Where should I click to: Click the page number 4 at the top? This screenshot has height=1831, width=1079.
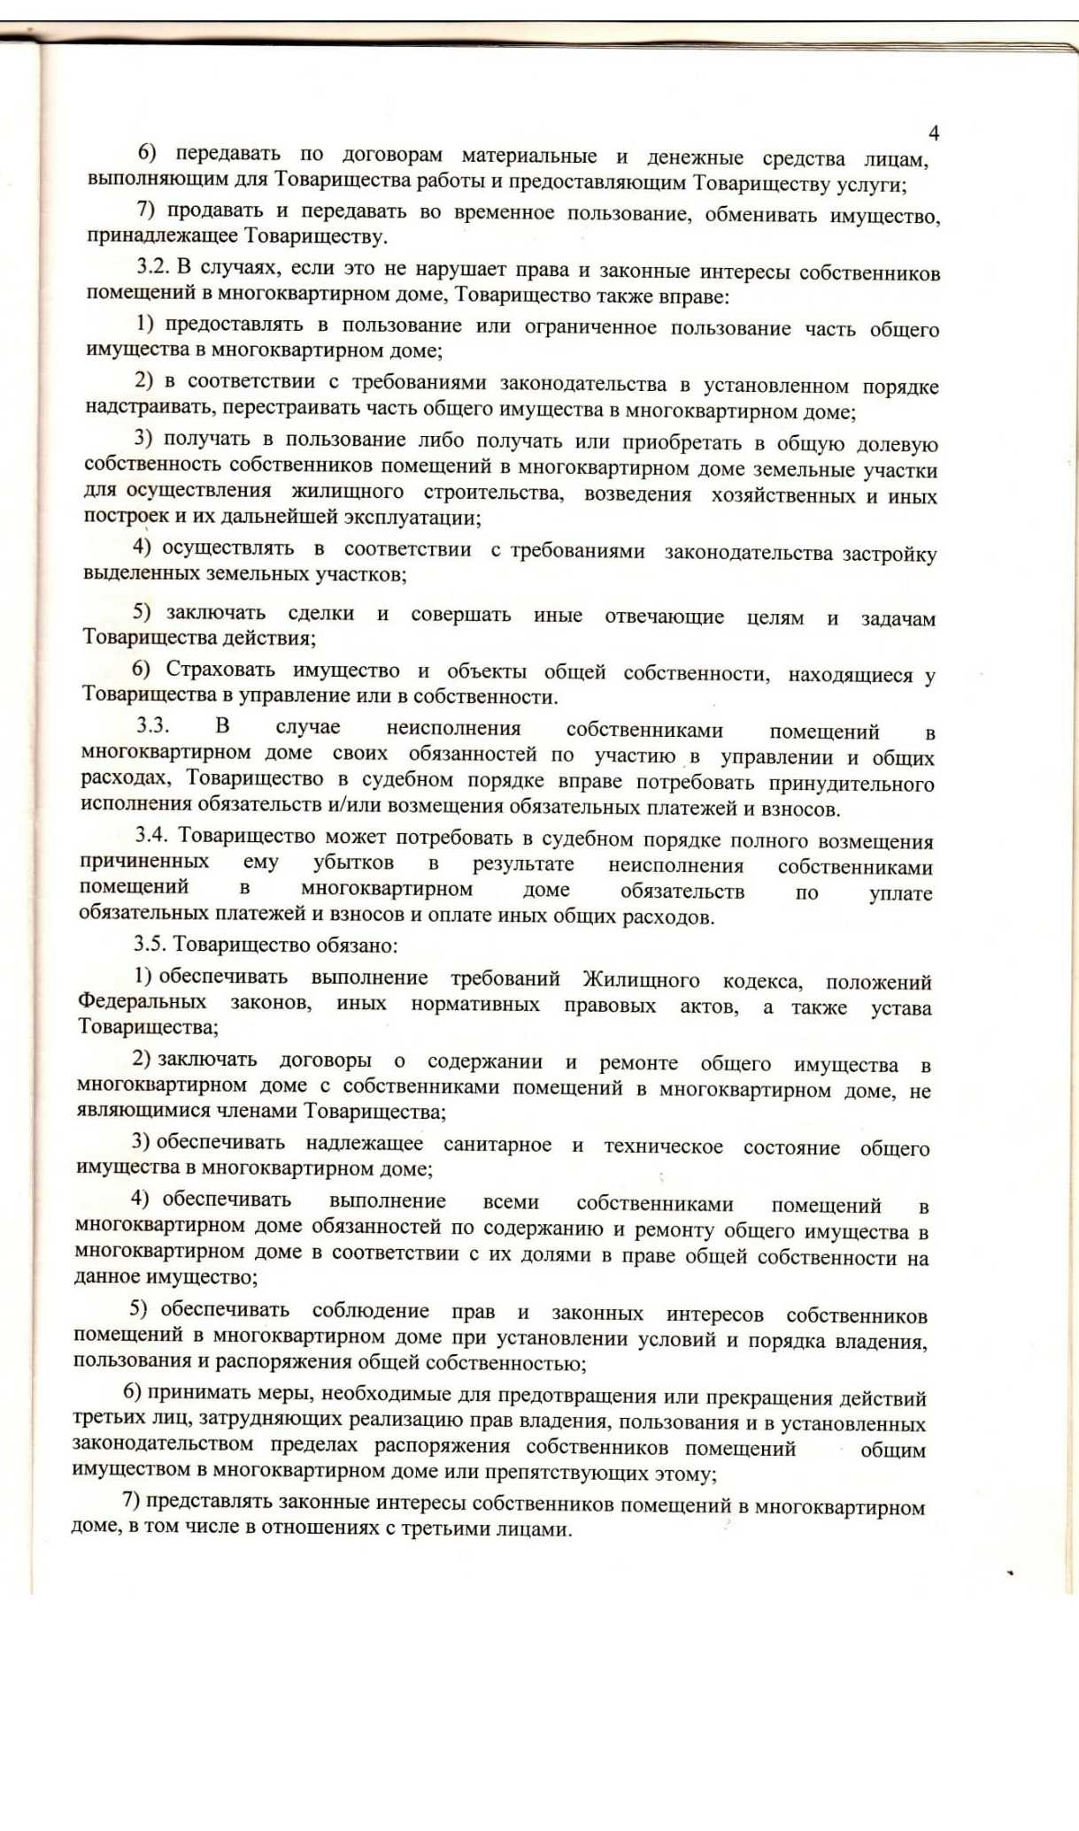point(933,134)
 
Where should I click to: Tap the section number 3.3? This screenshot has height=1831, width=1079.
point(152,725)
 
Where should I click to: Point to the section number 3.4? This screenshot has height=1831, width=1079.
point(151,834)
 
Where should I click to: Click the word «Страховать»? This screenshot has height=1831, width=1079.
point(220,669)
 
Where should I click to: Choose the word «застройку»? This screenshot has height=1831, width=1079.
point(890,555)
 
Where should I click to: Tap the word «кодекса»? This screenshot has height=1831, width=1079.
point(762,981)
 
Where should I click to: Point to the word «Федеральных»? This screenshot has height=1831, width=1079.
point(143,1001)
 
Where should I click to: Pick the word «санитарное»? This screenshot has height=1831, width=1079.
point(497,1145)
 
